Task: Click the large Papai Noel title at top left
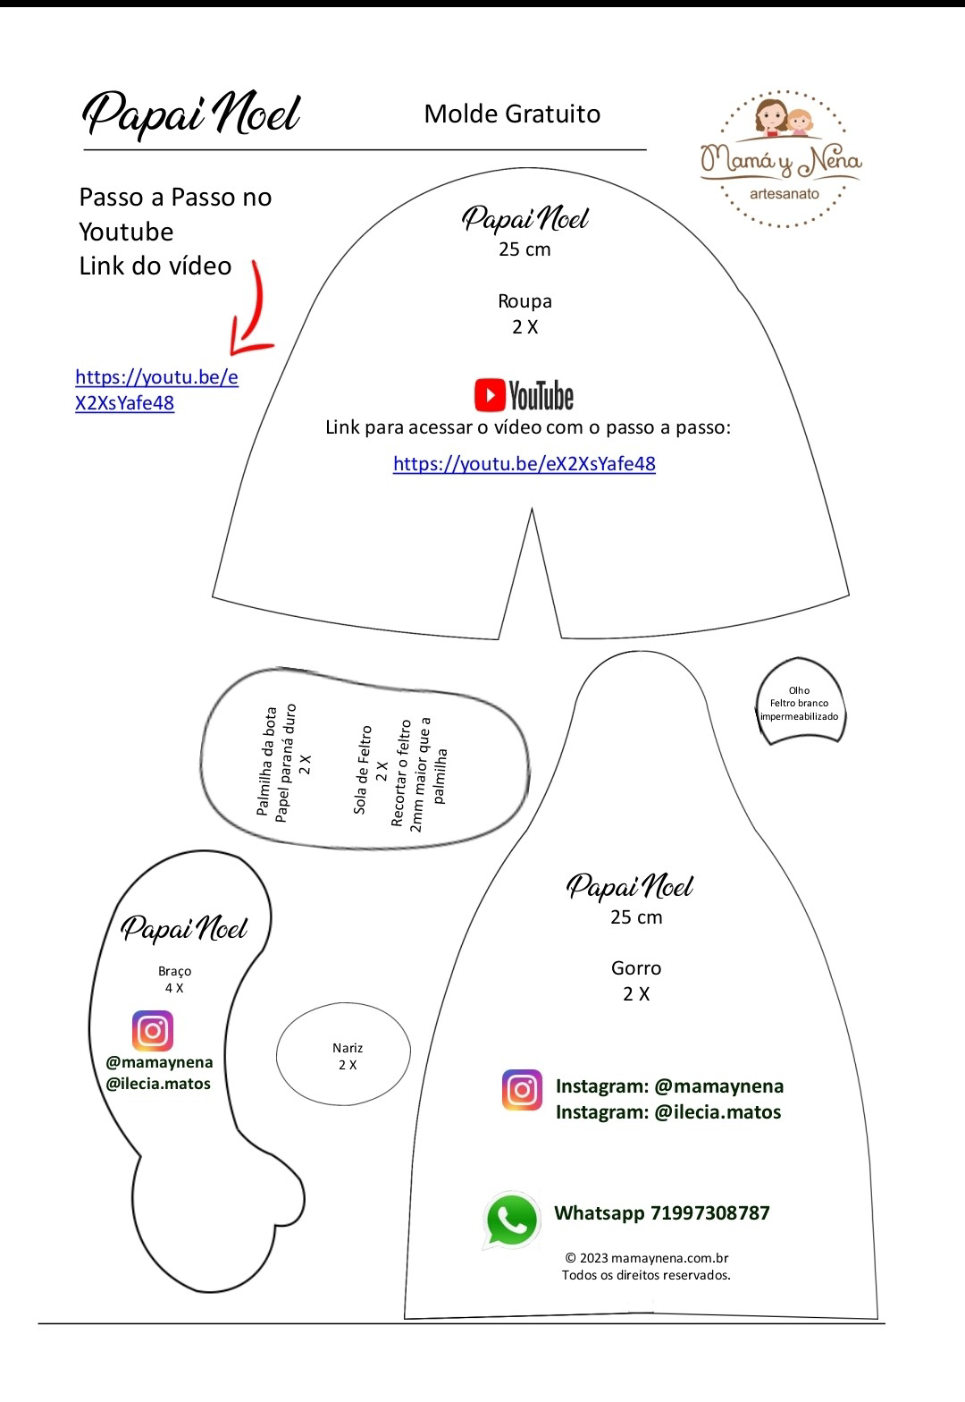point(191,114)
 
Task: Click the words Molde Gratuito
point(512,114)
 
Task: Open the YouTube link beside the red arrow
point(156,390)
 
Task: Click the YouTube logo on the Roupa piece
point(524,394)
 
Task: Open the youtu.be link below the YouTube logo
point(524,463)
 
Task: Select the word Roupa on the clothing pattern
point(524,301)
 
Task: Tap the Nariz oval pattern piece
point(344,1055)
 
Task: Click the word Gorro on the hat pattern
point(636,967)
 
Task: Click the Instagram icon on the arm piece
point(153,1030)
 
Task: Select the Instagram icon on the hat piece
point(522,1090)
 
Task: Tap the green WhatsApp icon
point(512,1219)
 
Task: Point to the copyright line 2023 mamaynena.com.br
point(646,1258)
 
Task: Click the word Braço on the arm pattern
point(174,971)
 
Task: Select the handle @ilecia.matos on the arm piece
point(159,1084)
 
